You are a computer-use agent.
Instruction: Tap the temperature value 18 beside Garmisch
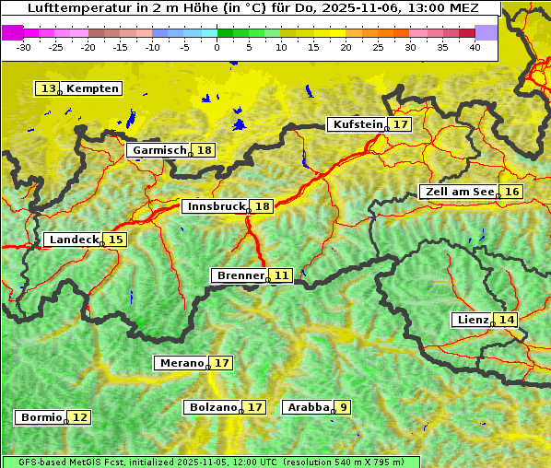204,150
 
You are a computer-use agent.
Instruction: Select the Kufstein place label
358,124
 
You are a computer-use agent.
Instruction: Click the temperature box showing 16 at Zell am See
512,192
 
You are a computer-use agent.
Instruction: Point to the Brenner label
240,275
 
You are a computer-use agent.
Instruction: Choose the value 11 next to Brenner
281,275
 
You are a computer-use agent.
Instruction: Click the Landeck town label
74,240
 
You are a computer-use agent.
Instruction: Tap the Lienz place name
473,320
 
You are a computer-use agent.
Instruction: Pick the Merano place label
182,363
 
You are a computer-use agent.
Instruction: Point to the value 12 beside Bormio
80,417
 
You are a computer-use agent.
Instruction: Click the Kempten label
92,88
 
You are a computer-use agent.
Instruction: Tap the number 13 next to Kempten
49,88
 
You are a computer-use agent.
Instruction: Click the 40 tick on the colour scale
475,46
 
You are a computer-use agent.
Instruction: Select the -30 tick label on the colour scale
24,46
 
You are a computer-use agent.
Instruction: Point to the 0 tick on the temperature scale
217,46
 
